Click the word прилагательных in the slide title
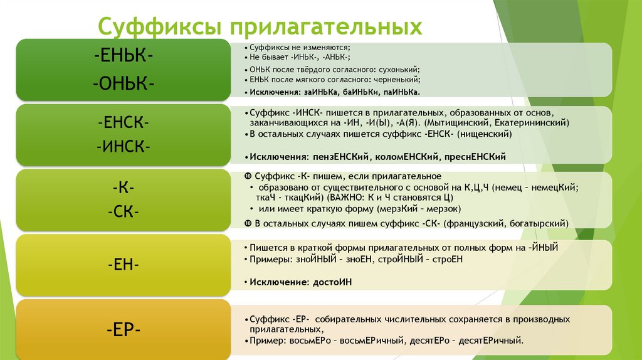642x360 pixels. point(325,28)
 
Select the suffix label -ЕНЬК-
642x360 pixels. point(123,55)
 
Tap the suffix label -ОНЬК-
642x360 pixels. point(123,83)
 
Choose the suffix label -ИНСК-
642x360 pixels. point(123,147)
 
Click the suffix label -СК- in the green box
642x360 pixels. point(123,213)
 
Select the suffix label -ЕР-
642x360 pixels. point(123,329)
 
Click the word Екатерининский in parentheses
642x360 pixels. point(536,123)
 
